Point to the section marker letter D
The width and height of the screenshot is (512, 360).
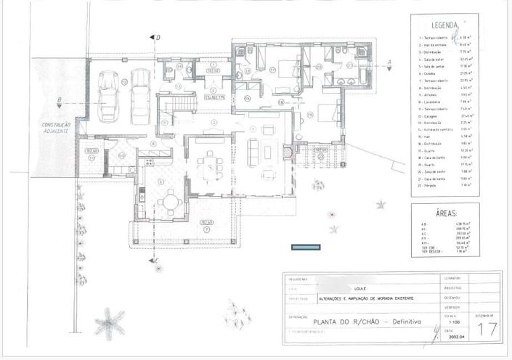pos(158,36)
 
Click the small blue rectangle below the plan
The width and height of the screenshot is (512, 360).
pos(305,247)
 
